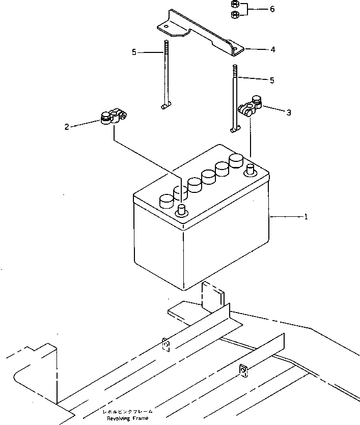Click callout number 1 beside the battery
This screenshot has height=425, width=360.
click(x=306, y=217)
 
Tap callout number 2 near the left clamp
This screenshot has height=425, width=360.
click(x=67, y=126)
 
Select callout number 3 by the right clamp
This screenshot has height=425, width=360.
click(x=289, y=112)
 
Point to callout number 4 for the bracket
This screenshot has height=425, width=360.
click(x=273, y=50)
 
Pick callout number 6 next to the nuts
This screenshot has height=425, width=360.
click(x=272, y=9)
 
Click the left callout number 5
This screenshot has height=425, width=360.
click(x=134, y=52)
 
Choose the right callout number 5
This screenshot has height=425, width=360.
click(x=272, y=80)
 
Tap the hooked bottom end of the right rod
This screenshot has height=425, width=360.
click(x=235, y=130)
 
